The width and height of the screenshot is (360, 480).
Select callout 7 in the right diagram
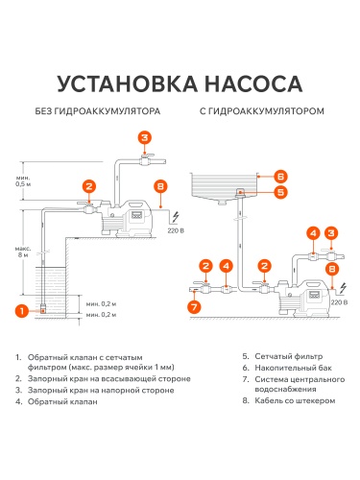point(192,307)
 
